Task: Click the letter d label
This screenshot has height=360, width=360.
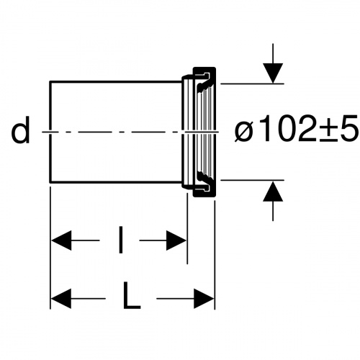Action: coord(21,130)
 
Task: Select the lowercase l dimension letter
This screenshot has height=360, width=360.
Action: coord(120,240)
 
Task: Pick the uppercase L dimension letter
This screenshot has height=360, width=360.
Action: coord(131,295)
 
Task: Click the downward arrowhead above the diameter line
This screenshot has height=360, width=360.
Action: coord(273,73)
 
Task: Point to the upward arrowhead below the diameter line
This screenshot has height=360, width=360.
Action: coord(273,191)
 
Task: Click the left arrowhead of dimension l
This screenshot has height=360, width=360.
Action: coord(61,240)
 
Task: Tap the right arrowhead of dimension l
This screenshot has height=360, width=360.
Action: coord(176,240)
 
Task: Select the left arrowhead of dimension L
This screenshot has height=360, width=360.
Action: coord(61,299)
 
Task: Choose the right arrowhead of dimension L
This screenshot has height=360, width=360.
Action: coord(204,299)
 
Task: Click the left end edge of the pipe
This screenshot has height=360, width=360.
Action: coord(50,132)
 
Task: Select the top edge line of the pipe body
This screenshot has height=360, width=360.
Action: coord(116,82)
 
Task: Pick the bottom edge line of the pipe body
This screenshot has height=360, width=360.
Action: coord(116,182)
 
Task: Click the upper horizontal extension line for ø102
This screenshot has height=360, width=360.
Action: coord(252,84)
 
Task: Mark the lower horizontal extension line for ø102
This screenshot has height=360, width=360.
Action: coord(252,180)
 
